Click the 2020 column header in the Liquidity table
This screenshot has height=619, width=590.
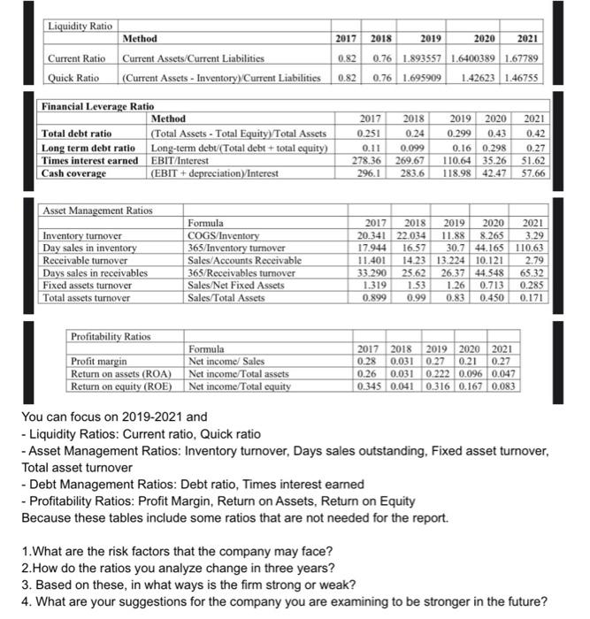point(484,39)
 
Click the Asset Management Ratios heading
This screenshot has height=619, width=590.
point(96,210)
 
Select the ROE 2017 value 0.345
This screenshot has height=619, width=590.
point(369,386)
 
